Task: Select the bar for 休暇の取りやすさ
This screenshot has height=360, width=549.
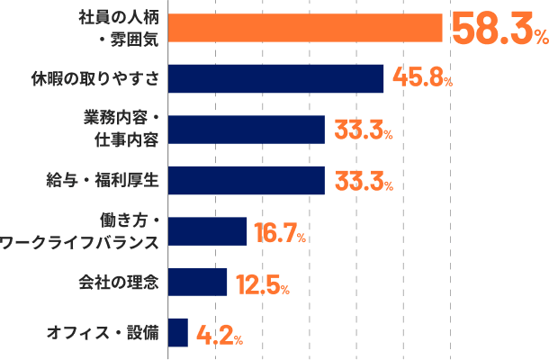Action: (x=276, y=79)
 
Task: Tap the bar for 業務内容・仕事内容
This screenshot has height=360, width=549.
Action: (x=247, y=130)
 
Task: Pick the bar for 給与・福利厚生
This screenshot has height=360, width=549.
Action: (x=247, y=180)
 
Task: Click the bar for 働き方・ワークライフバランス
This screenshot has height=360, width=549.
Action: (x=208, y=231)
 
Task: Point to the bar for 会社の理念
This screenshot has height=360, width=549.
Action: (x=198, y=282)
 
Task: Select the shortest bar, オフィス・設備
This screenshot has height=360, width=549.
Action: (x=178, y=333)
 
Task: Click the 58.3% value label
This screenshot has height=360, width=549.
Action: (x=498, y=29)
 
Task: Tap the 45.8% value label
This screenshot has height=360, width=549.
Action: (x=422, y=79)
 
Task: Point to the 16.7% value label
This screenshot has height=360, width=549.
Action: (x=280, y=232)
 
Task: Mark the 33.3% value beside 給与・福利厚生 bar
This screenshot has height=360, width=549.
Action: (x=363, y=181)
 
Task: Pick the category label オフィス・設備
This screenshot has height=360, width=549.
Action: (x=104, y=333)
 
